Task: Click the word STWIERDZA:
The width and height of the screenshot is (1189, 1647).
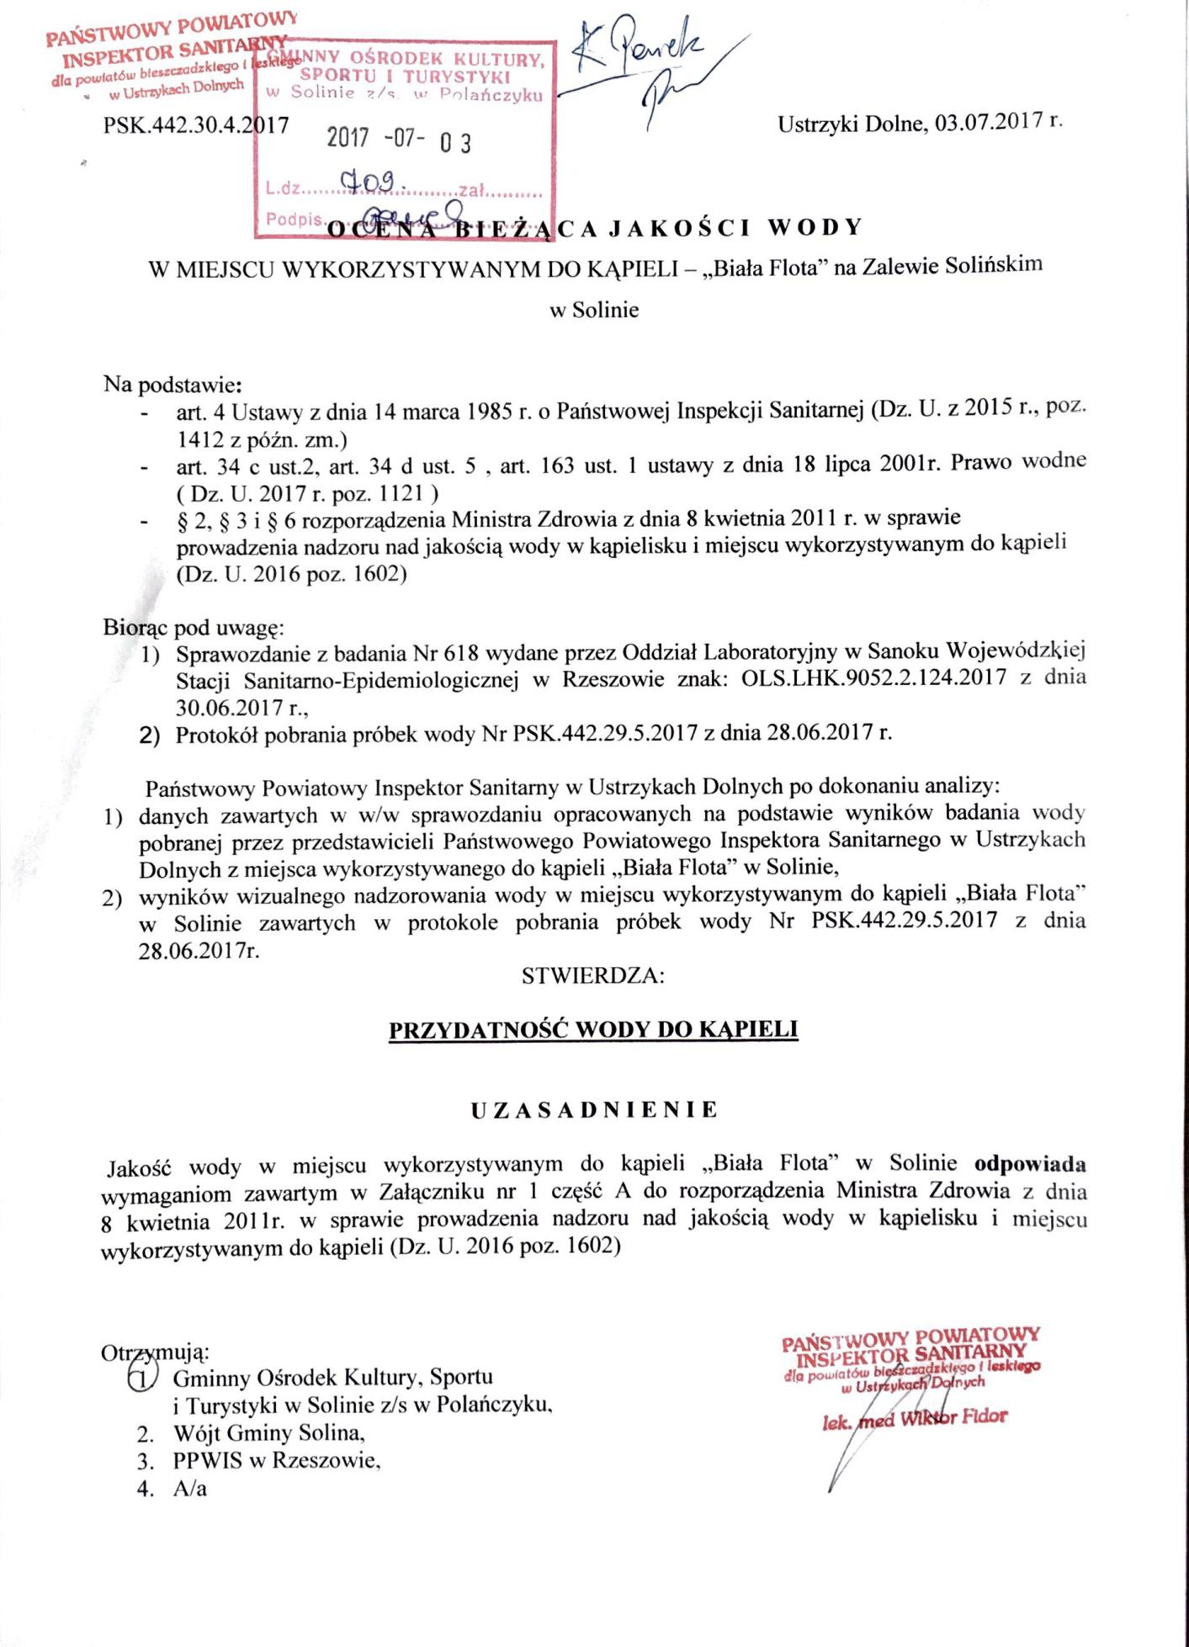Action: pyautogui.click(x=593, y=976)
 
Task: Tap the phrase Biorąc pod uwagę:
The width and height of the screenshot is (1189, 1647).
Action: pyautogui.click(x=194, y=628)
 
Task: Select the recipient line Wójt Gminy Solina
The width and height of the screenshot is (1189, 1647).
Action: pyautogui.click(x=269, y=1432)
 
